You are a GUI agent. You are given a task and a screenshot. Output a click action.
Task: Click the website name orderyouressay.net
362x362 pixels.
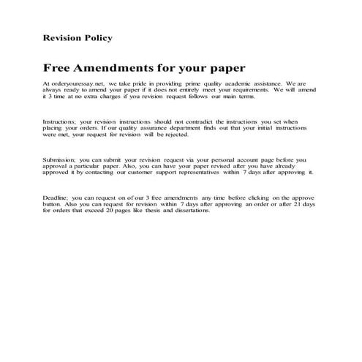click(x=76, y=85)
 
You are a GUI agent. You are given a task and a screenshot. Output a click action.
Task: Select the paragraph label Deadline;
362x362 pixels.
click(x=59, y=197)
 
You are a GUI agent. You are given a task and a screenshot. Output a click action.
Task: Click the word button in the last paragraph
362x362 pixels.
click(x=53, y=204)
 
